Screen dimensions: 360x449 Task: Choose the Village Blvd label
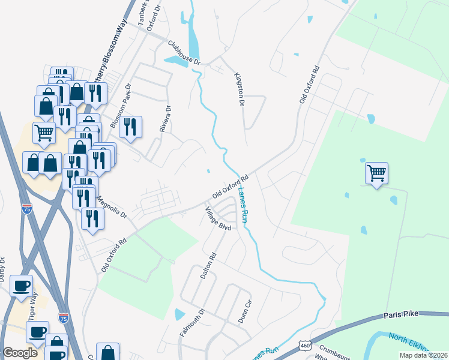point(218,220)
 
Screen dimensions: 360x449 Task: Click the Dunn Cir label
point(244,313)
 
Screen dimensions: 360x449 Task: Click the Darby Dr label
point(2,269)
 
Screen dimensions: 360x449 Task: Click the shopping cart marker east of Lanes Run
point(376,173)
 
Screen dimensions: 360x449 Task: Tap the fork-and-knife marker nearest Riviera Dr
point(130,127)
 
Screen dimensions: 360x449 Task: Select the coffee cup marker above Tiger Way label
point(22,286)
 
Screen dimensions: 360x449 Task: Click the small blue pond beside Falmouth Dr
point(179,314)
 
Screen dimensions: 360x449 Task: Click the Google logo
point(20,353)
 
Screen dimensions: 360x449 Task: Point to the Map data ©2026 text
point(423,355)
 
